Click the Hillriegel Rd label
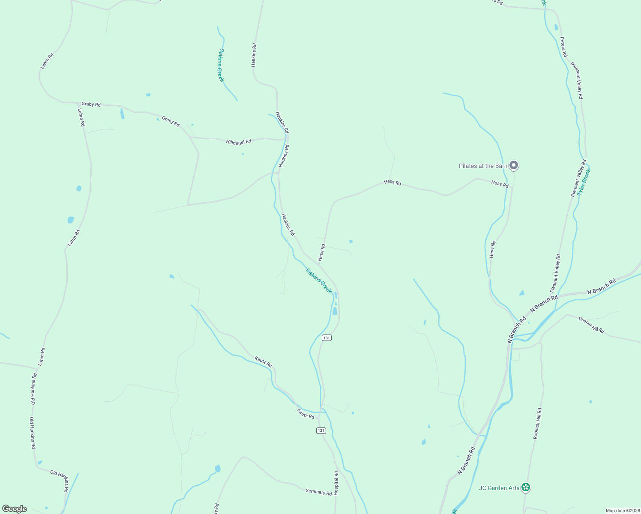[x=239, y=141]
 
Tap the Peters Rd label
[x=563, y=47]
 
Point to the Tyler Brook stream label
[x=584, y=182]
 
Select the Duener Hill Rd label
[x=591, y=325]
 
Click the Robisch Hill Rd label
[x=537, y=423]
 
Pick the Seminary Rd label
[x=319, y=492]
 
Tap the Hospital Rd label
[x=336, y=484]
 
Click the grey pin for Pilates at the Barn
[x=514, y=165]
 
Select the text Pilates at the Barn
[x=483, y=166]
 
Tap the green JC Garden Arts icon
[x=526, y=487]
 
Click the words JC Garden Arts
[x=499, y=488]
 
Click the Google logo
[x=14, y=509]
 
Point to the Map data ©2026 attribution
[x=622, y=511]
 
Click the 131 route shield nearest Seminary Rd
[x=321, y=430]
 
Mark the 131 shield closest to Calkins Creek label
[x=327, y=338]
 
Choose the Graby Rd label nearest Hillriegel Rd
[x=171, y=121]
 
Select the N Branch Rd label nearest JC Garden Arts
[x=466, y=460]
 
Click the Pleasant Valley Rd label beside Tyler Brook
[x=578, y=178]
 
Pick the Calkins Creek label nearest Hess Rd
[x=319, y=281]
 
